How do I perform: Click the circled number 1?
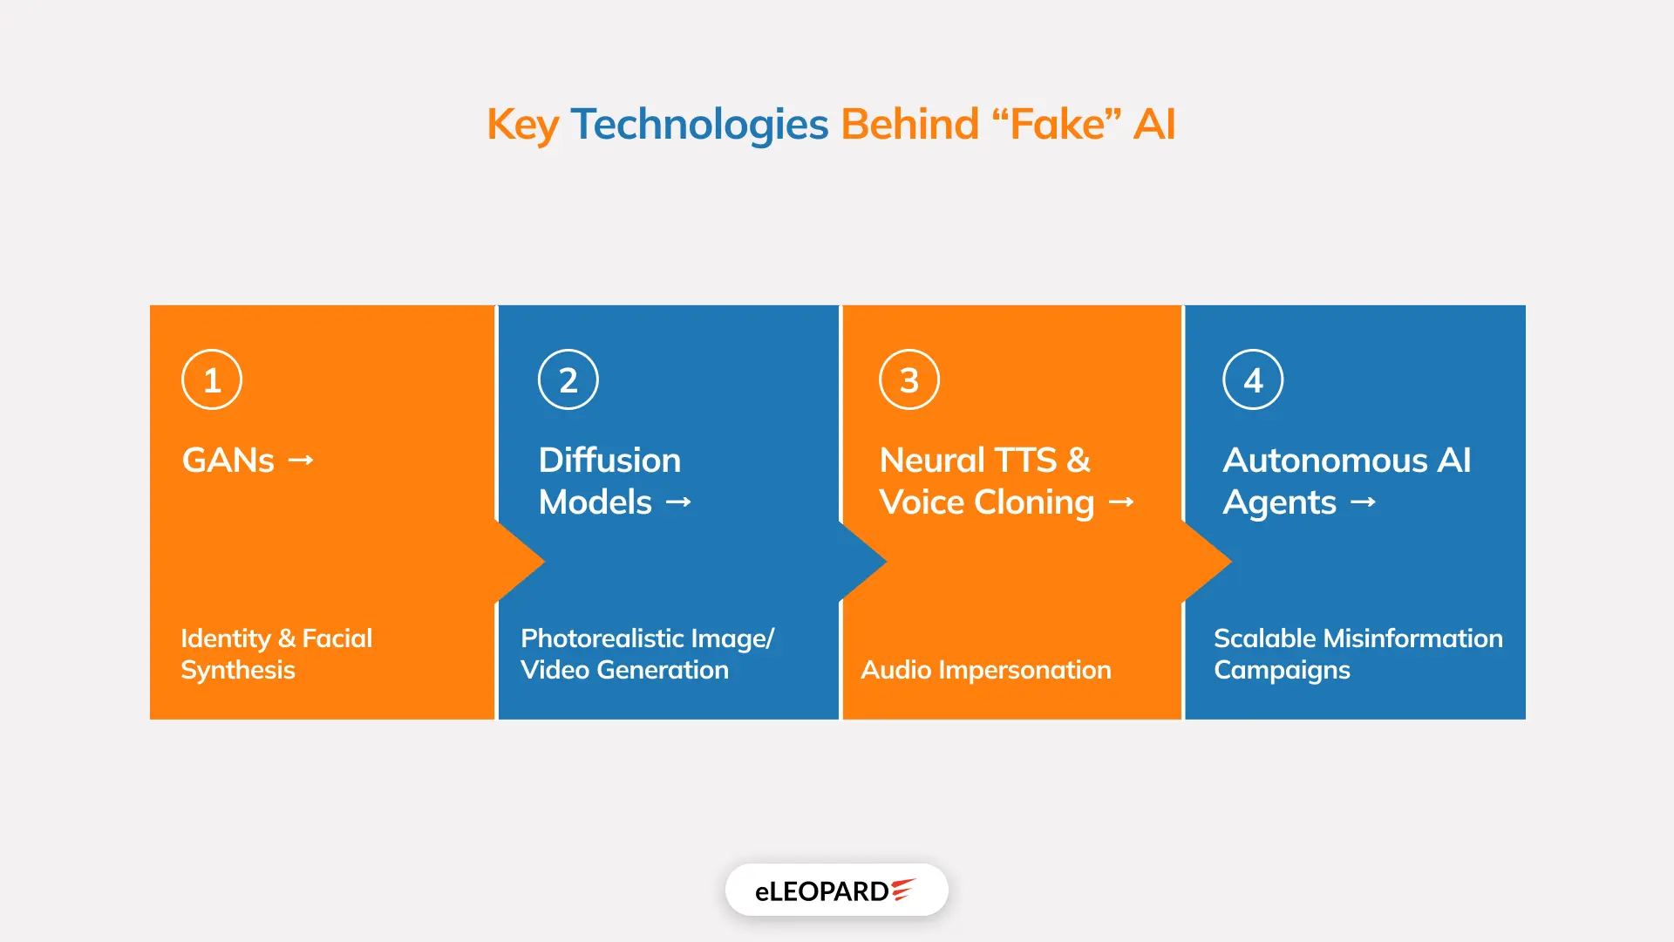pyautogui.click(x=212, y=379)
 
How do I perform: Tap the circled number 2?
pyautogui.click(x=568, y=379)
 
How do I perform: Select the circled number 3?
pyautogui.click(x=909, y=379)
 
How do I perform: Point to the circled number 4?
pyautogui.click(x=1253, y=379)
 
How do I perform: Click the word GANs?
pyautogui.click(x=228, y=460)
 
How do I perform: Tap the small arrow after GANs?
pyautogui.click(x=301, y=460)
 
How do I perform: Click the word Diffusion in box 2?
pyautogui.click(x=609, y=460)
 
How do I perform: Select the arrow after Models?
pyautogui.click(x=678, y=502)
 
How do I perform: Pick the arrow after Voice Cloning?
pyautogui.click(x=1121, y=502)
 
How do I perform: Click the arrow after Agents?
pyautogui.click(x=1363, y=502)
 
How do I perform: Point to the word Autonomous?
pyautogui.click(x=1325, y=460)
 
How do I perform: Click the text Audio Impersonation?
pyautogui.click(x=986, y=670)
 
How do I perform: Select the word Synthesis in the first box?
pyautogui.click(x=238, y=670)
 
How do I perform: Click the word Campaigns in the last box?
pyautogui.click(x=1282, y=670)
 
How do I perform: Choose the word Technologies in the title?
pyautogui.click(x=699, y=124)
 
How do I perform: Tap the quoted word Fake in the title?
pyautogui.click(x=1057, y=124)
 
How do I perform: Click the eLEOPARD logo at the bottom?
pyautogui.click(x=836, y=891)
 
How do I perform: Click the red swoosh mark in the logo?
pyautogui.click(x=902, y=889)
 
